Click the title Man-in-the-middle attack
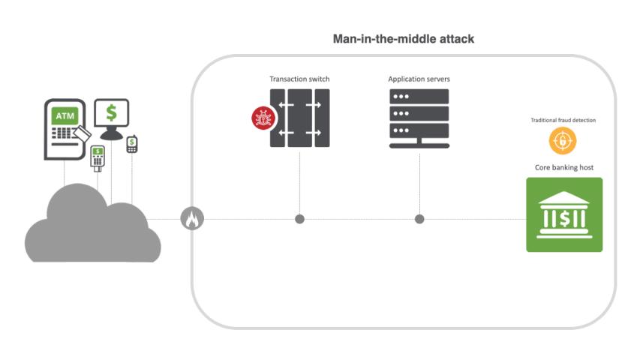click(403, 39)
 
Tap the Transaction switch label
click(299, 79)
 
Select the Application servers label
click(419, 79)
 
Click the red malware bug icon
click(263, 118)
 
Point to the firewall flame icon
click(192, 219)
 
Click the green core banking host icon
click(563, 214)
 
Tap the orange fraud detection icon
click(563, 140)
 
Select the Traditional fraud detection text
click(563, 120)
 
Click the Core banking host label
click(563, 167)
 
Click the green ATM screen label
click(64, 116)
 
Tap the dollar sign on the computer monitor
click(112, 113)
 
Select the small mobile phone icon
click(132, 143)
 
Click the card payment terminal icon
click(97, 157)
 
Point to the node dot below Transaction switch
click(299, 219)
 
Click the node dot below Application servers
click(419, 219)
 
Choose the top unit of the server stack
click(419, 97)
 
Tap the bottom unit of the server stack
click(419, 130)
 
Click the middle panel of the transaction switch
click(299, 118)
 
